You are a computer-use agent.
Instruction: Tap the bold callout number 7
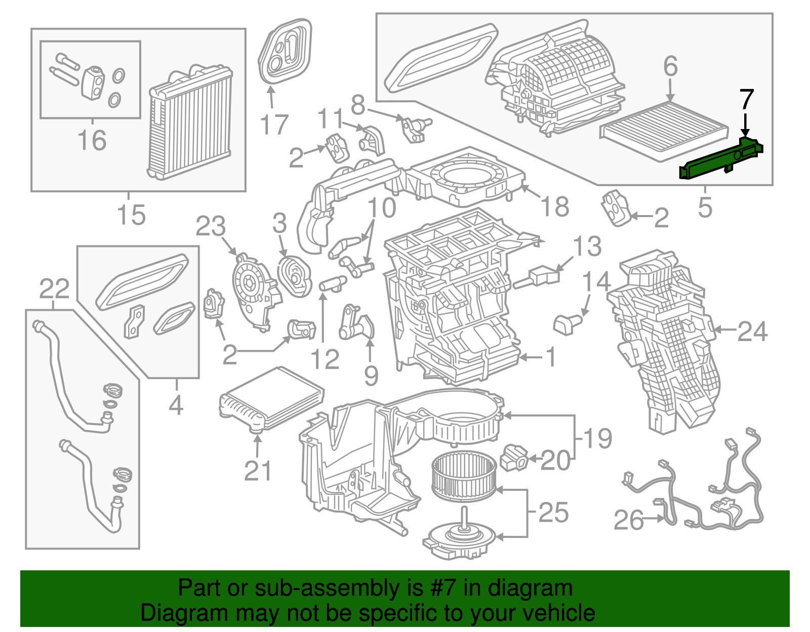(746, 100)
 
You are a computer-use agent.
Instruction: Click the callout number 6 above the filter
(670, 66)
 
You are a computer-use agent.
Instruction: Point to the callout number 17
(274, 124)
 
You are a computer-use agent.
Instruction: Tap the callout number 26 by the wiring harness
(629, 520)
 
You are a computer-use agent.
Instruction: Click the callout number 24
(752, 332)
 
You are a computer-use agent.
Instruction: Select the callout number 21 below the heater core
(258, 471)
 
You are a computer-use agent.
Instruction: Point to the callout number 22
(54, 289)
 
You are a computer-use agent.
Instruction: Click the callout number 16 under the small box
(92, 140)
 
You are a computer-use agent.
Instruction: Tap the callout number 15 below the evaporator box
(131, 215)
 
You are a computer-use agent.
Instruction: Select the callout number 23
(211, 226)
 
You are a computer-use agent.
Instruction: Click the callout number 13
(587, 246)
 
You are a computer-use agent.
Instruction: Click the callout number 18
(555, 206)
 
